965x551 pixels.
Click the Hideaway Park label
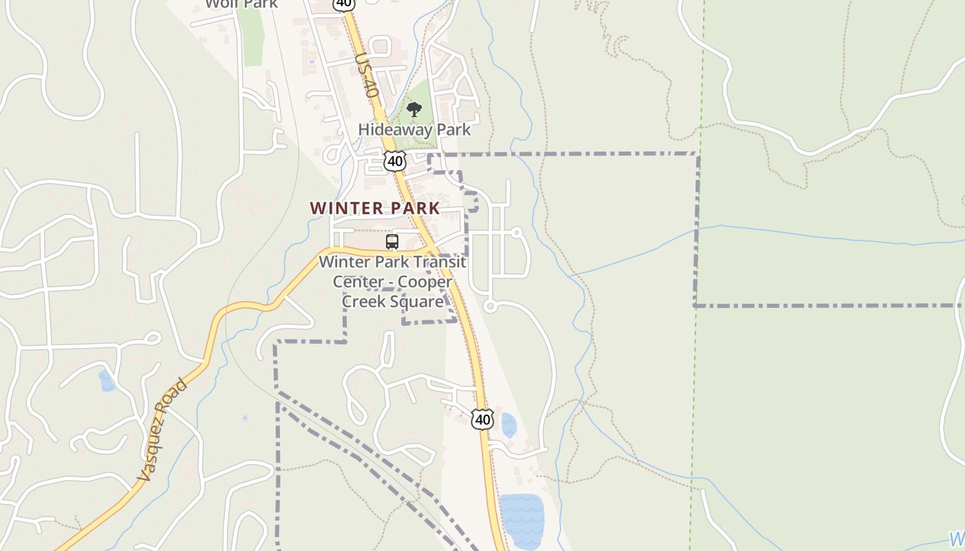414,129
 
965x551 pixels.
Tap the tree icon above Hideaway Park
414,110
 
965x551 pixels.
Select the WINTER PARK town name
374,208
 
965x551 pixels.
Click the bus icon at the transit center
392,242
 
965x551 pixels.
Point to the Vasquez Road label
162,430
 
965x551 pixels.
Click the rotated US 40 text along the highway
367,76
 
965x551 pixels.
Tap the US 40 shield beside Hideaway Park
395,161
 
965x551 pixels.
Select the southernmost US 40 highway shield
482,419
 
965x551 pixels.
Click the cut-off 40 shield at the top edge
343,3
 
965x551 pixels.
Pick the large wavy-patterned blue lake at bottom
522,520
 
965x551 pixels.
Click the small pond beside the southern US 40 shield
509,426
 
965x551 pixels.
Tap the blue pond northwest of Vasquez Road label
106,380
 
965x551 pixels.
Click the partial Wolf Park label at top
241,4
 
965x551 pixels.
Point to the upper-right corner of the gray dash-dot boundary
698,154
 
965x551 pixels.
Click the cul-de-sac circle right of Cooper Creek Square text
490,306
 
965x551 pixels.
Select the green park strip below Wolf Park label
253,38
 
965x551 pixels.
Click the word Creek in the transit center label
365,302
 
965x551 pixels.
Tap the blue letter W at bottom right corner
957,539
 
